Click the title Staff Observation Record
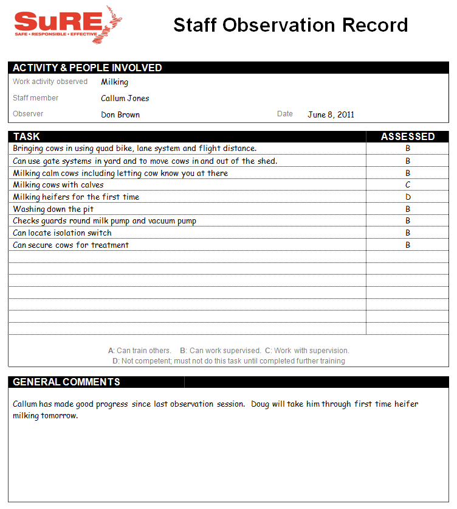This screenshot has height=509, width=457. pyautogui.click(x=290, y=25)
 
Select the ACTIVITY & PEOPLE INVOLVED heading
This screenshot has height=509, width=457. pyautogui.click(x=88, y=68)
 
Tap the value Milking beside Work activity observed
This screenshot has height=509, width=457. pyautogui.click(x=114, y=82)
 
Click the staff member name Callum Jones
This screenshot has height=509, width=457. pyautogui.click(x=125, y=99)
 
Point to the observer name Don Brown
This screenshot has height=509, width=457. pyautogui.click(x=120, y=114)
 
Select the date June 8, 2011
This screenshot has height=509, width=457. pyautogui.click(x=331, y=114)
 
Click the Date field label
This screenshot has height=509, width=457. pyautogui.click(x=284, y=114)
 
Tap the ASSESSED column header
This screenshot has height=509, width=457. pyautogui.click(x=407, y=136)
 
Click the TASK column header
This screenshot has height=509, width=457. pyautogui.click(x=27, y=136)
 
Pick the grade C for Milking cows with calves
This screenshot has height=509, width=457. pyautogui.click(x=408, y=185)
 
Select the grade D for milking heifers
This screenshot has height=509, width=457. pyautogui.click(x=408, y=197)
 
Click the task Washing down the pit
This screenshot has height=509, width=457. pyautogui.click(x=53, y=209)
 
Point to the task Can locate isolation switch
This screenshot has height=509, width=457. pyautogui.click(x=63, y=233)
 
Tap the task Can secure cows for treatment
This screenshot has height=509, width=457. pyautogui.click(x=70, y=245)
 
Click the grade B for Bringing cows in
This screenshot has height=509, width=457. pyautogui.click(x=408, y=149)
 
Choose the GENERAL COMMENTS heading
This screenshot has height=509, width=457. pyautogui.click(x=67, y=382)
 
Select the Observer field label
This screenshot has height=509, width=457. pyautogui.click(x=28, y=114)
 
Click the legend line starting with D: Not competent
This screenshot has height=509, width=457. pyautogui.click(x=228, y=361)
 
